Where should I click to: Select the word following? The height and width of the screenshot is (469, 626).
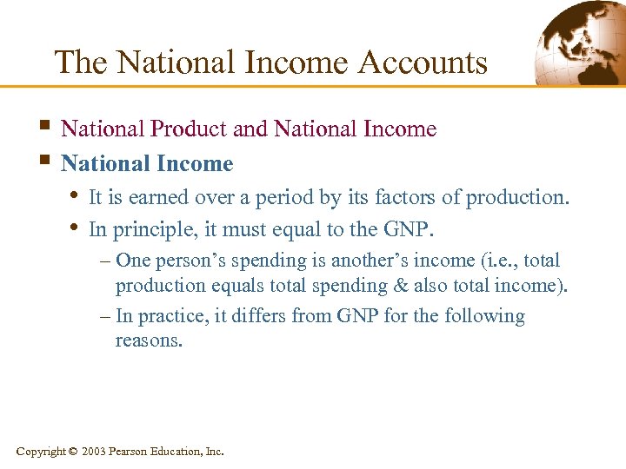pos(484,316)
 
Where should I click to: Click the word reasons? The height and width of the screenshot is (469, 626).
pos(149,340)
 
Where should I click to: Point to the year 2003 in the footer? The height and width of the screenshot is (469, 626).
pos(95,452)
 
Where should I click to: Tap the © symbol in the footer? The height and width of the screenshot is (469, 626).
pos(72,452)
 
